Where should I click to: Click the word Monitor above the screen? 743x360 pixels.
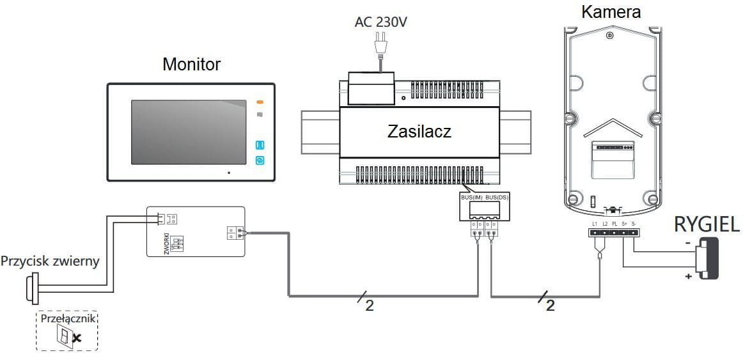coord(191,65)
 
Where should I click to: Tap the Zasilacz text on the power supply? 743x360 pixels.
coord(419,132)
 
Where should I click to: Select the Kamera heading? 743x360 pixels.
coord(611,12)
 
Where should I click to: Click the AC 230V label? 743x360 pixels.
coord(381,22)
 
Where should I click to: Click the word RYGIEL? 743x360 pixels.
coord(707,224)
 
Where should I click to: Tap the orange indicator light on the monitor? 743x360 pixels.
coord(260,102)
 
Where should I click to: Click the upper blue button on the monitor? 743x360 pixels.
coord(260,145)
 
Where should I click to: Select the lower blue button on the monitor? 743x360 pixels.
coord(260,160)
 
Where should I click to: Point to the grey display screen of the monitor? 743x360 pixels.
coord(189,132)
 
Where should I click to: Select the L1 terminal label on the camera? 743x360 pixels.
coord(595,224)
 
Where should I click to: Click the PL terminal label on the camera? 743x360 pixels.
coord(614,224)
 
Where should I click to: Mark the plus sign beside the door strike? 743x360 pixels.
coord(687,277)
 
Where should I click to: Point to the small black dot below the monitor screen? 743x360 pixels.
coord(228,173)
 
